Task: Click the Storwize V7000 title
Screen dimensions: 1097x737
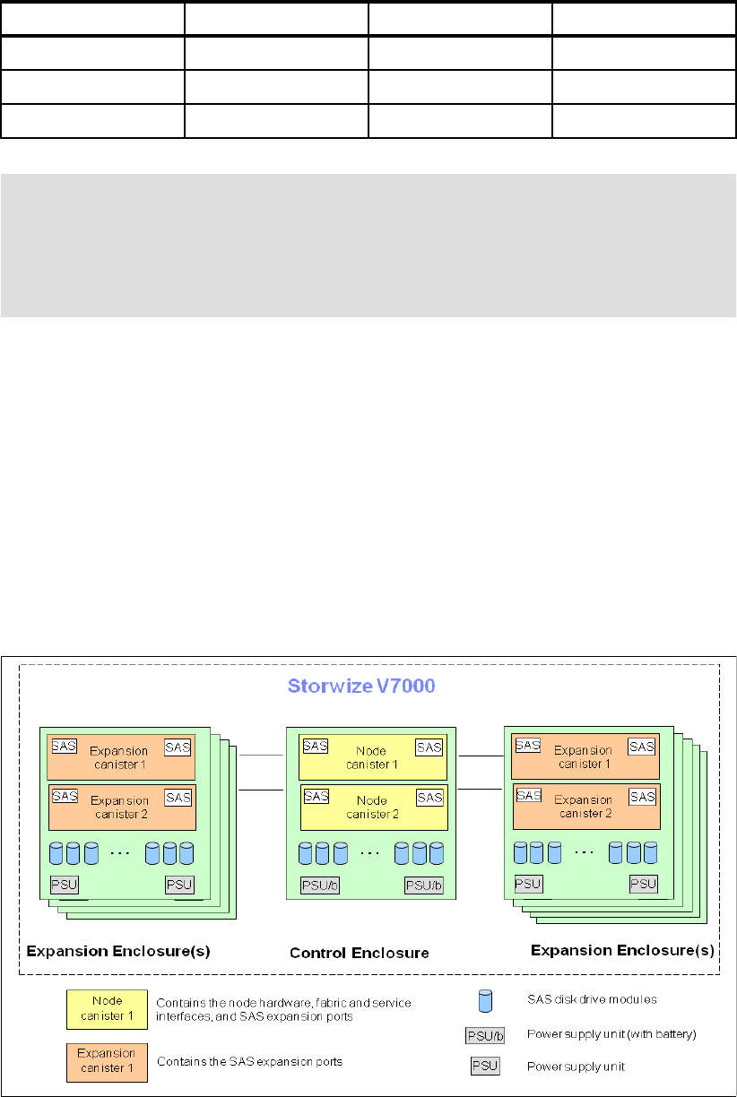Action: click(x=368, y=687)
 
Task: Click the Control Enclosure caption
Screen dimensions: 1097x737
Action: click(x=360, y=953)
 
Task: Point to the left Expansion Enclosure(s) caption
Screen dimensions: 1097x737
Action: click(x=118, y=950)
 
